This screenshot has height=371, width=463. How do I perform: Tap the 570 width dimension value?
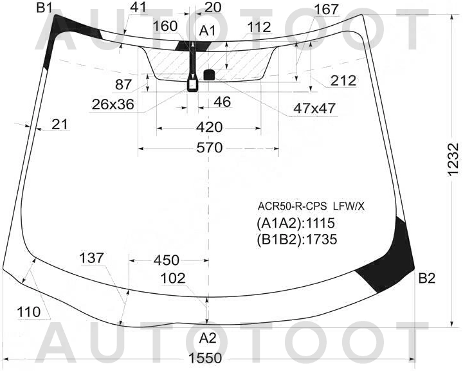click(x=209, y=148)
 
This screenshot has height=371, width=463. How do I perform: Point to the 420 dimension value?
click(x=209, y=127)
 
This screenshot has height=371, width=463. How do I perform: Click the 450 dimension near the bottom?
click(x=167, y=260)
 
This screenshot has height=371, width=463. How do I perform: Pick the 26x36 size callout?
click(x=113, y=104)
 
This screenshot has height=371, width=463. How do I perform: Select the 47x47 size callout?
click(x=314, y=108)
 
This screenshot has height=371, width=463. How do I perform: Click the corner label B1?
click(x=44, y=8)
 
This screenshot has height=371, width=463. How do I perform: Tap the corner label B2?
click(x=427, y=278)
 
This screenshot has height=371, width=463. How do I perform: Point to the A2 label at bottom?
click(x=208, y=338)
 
